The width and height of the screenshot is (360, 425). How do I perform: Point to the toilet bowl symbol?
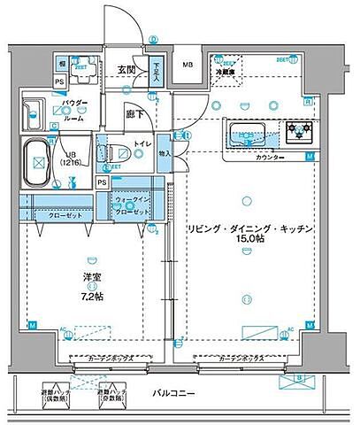coord(118,153)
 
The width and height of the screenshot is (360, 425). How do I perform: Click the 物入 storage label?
coord(165,153)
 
